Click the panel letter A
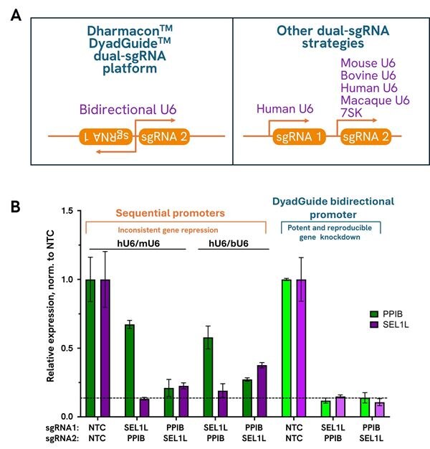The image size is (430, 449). [16, 15]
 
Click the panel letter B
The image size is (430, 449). [16, 206]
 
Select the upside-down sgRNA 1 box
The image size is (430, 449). [106, 136]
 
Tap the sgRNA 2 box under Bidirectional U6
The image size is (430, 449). [164, 136]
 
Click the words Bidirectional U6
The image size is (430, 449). [128, 110]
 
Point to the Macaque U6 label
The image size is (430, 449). [375, 100]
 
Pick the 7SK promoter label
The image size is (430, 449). [351, 113]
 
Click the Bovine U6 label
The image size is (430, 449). [368, 75]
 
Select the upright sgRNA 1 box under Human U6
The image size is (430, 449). [300, 136]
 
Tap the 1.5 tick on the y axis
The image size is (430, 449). [67, 211]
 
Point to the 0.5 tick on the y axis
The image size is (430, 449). [67, 348]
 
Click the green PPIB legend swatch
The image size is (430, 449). [374, 314]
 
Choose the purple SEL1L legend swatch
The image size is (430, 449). [374, 325]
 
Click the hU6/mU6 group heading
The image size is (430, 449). [138, 243]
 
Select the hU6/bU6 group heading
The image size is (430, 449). [229, 243]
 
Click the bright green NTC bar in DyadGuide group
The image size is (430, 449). [287, 348]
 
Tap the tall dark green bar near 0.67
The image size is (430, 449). [130, 371]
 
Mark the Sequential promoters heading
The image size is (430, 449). [171, 213]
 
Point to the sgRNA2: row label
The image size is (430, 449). [62, 438]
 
